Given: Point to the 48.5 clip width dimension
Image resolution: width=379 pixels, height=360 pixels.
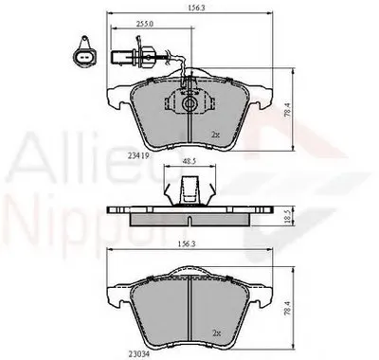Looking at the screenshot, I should coord(189,161).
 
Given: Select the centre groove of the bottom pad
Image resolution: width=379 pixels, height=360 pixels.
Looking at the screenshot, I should coord(189,313).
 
